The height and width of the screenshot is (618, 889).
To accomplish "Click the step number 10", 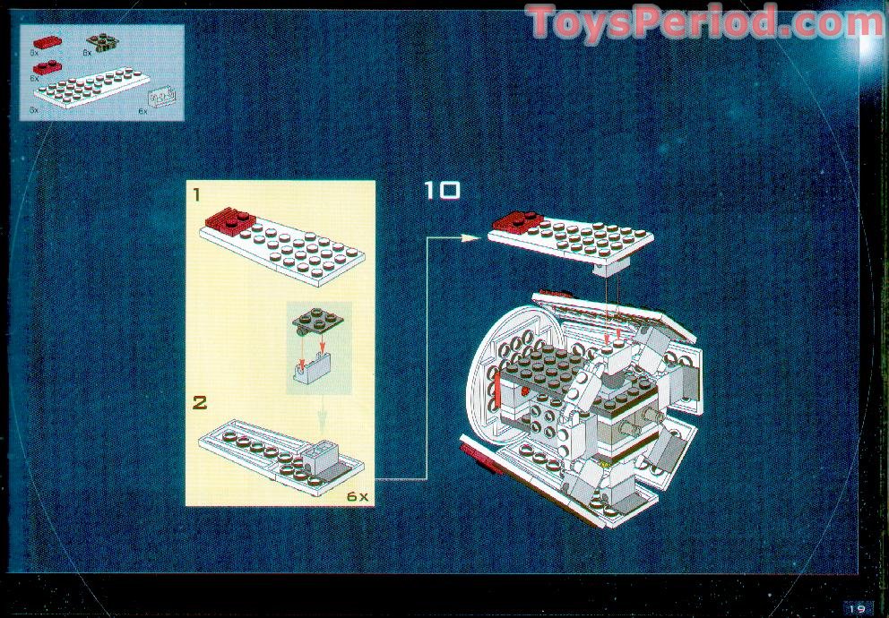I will [x=442, y=191].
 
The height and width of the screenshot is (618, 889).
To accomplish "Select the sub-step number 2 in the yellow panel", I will [x=200, y=402].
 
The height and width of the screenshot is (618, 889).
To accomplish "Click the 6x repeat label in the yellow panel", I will [x=358, y=495].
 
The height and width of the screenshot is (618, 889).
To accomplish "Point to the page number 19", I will [x=858, y=607].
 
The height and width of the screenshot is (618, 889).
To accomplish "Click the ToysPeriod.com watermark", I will [x=704, y=22].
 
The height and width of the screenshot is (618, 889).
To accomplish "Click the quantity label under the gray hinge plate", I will [x=87, y=54].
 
